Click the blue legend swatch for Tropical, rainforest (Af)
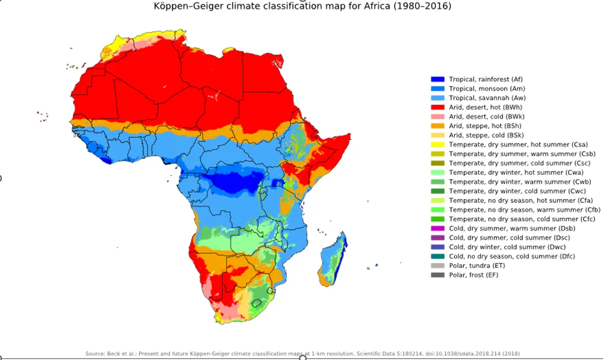[437, 79]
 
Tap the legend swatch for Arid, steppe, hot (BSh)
[437, 126]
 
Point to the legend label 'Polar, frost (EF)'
[473, 275]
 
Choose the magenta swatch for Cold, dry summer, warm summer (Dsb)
[437, 229]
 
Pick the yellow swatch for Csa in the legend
[437, 144]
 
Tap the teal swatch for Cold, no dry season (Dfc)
[437, 256]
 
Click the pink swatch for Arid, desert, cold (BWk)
[437, 117]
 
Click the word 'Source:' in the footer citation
[96, 353]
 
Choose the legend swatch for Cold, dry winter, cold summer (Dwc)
[437, 247]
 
